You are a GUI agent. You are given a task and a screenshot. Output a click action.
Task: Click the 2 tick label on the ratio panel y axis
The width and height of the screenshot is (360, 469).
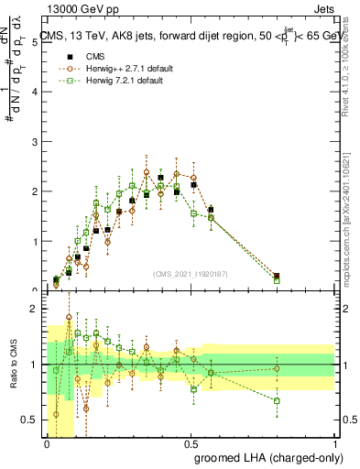coord(35,309)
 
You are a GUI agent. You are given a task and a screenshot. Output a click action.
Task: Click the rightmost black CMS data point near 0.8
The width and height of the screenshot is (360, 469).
coord(277,276)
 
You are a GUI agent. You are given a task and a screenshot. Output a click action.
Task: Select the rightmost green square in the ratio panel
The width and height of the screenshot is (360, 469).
coord(277,400)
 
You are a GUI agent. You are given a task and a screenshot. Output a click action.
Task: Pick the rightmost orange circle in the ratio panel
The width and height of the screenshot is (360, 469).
coord(277,369)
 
